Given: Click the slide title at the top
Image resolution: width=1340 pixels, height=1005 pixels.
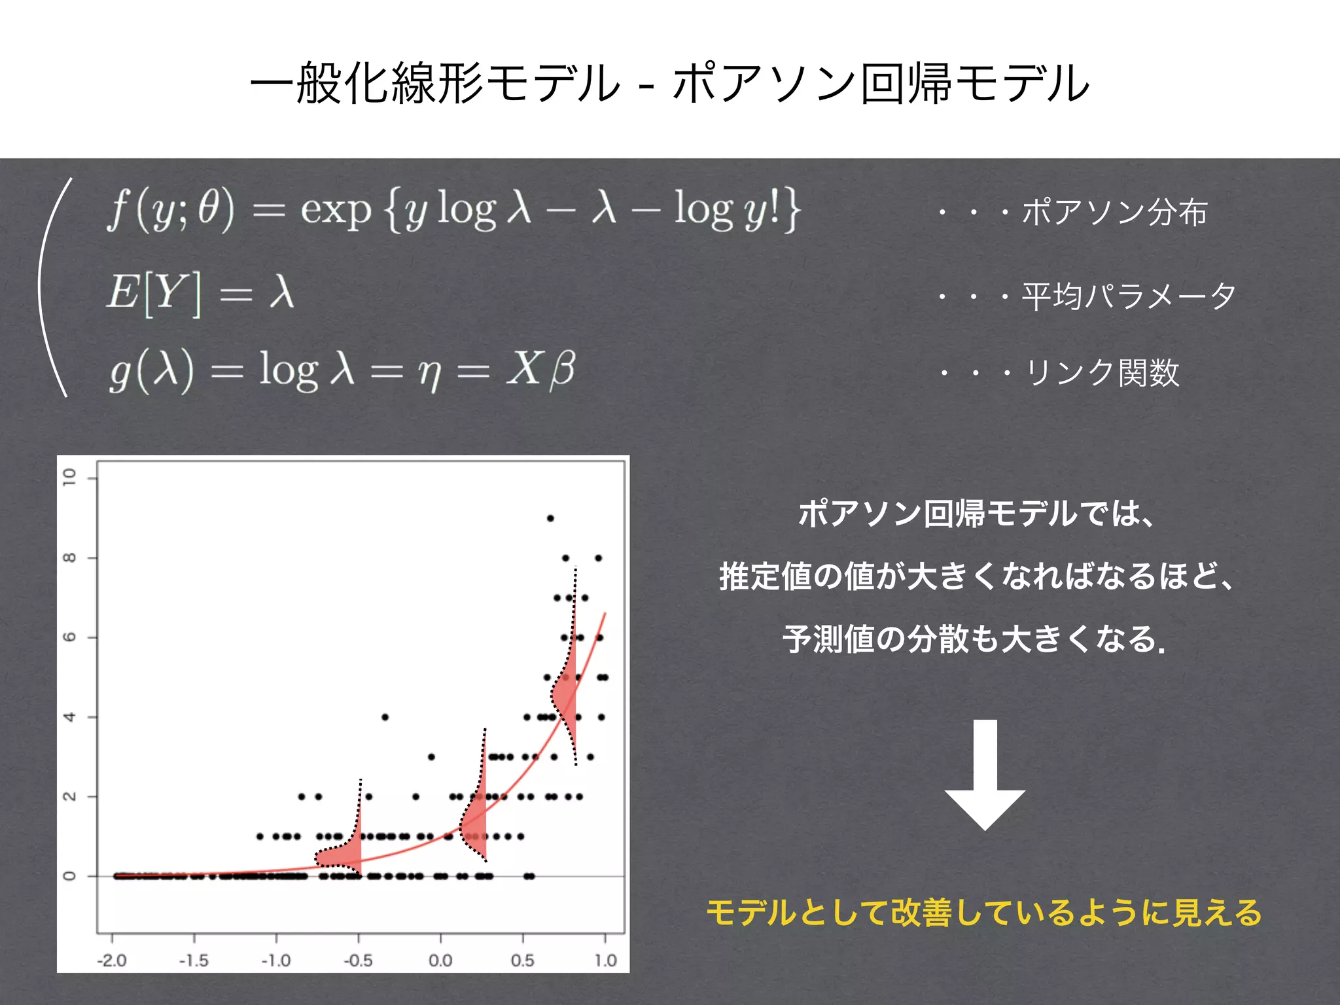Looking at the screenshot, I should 670,83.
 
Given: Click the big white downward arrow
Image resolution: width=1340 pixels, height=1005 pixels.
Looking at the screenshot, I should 985,775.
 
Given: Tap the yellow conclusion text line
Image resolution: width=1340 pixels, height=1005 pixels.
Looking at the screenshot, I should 984,912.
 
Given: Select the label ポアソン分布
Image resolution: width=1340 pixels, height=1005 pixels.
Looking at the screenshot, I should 1114,213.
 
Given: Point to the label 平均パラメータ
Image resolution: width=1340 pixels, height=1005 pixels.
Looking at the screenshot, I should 1129,296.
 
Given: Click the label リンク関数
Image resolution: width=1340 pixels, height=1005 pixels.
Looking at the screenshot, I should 1102,373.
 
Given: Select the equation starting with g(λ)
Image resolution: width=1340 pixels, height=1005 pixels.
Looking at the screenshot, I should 342,370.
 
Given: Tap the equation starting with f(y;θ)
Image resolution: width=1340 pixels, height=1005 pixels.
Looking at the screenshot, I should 453,209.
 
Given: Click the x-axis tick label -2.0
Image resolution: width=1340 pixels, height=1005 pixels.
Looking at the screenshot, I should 112,961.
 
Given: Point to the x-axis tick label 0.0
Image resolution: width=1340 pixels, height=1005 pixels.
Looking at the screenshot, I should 440,961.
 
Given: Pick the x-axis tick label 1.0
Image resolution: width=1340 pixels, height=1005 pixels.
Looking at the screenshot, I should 605,961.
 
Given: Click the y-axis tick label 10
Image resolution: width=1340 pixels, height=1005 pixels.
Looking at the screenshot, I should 69,477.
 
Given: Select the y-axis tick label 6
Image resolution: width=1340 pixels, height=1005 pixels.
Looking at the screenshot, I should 69,637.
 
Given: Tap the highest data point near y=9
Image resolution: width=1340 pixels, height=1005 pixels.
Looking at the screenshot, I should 550,518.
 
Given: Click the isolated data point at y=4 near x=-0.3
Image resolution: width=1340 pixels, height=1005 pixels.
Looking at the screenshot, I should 385,717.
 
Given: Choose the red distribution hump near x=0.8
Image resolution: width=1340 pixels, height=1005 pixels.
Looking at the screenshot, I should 565,694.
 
